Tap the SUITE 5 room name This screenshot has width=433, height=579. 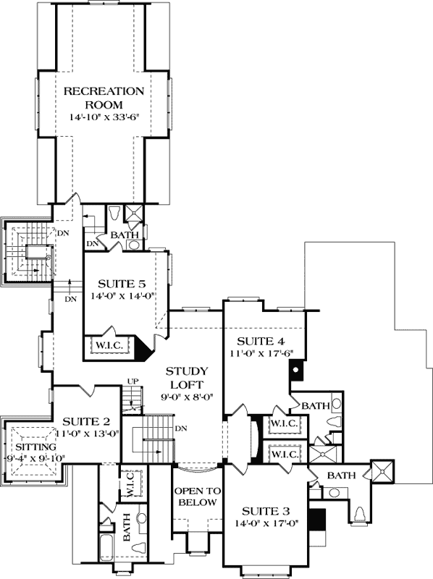click(119, 282)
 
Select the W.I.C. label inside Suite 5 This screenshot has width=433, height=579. click(108, 346)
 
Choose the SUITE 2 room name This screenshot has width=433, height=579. click(86, 422)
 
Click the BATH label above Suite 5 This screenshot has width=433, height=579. click(121, 235)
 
